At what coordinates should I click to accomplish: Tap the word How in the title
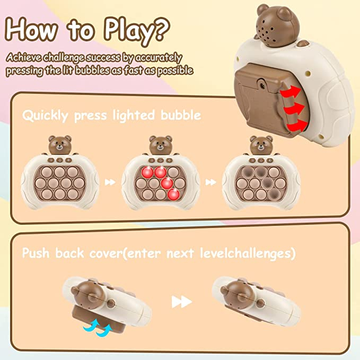click(31, 29)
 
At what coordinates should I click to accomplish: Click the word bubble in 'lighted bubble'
click(181, 115)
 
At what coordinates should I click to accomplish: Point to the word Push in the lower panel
click(36, 253)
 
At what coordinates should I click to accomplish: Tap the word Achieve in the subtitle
click(24, 57)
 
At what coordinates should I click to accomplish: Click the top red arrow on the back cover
click(291, 92)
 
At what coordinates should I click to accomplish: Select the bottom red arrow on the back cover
click(297, 125)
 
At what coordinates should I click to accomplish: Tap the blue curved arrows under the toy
click(98, 328)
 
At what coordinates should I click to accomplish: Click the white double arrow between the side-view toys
click(182, 302)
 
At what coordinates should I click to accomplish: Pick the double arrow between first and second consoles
click(110, 182)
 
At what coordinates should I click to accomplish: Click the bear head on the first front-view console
click(60, 145)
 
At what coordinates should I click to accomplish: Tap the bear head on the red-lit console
click(161, 145)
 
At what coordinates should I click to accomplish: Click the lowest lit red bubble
click(173, 194)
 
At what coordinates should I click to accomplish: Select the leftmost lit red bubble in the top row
click(147, 172)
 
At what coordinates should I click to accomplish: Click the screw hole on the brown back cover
click(262, 85)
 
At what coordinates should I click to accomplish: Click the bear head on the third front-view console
click(261, 145)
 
